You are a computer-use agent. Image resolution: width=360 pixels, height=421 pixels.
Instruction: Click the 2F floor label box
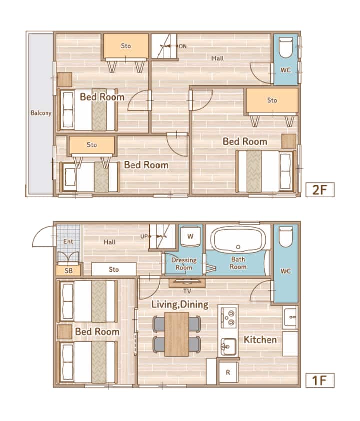tap(320, 190)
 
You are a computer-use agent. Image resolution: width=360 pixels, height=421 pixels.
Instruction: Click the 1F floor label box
tap(320, 380)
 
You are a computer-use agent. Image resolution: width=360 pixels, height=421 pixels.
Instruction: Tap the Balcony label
tap(41, 113)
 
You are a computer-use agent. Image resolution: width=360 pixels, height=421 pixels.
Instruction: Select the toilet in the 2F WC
tap(286, 47)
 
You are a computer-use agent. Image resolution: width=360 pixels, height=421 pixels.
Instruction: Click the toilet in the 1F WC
tap(286, 237)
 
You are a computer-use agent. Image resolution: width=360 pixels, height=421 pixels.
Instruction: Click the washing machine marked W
tap(190, 236)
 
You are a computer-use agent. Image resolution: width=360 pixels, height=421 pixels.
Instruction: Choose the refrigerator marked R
tap(228, 372)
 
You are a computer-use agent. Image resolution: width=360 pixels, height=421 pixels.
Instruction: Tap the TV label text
tap(187, 291)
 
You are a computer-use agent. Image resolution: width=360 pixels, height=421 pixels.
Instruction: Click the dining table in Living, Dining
tap(177, 334)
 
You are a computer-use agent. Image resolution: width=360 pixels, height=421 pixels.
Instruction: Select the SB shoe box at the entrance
tap(68, 271)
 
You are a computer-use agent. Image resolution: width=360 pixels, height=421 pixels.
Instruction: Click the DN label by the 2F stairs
tap(183, 46)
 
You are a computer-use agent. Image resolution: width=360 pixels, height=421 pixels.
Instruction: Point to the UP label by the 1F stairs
tap(144, 237)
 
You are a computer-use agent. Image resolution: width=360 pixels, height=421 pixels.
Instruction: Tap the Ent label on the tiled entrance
tap(68, 241)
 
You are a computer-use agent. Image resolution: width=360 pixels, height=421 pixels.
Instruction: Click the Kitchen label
tap(260, 340)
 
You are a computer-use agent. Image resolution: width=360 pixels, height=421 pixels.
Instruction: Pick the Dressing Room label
tap(184, 264)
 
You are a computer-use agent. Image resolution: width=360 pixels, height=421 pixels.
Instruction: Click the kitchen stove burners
tap(229, 318)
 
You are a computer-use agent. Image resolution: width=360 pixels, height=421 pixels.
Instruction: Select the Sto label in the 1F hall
tap(114, 269)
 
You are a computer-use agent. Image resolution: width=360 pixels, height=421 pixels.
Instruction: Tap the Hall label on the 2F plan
tap(217, 58)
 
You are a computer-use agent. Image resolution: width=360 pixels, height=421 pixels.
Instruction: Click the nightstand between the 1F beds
tap(64, 332)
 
